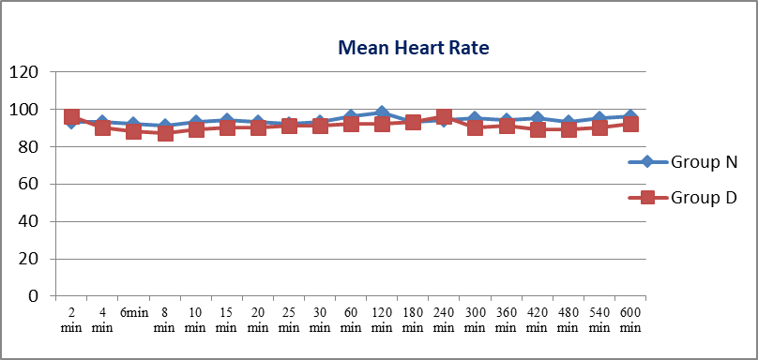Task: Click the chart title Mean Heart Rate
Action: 414,48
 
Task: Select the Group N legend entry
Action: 683,162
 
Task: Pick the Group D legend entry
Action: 683,197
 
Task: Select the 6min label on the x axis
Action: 134,312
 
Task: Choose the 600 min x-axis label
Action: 630,320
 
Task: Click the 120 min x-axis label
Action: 382,320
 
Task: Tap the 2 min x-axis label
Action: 71,320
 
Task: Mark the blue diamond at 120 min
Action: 382,113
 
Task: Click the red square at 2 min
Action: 71,117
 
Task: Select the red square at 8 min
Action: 165,133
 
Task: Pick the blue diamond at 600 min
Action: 630,116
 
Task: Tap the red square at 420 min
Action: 538,130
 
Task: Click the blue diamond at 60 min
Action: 351,116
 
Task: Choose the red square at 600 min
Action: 630,124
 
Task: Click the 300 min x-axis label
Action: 475,320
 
